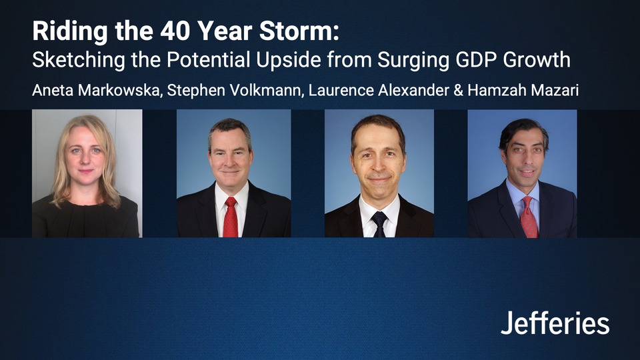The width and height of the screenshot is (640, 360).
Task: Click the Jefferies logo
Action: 555,323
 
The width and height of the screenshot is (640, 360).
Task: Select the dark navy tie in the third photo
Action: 379,223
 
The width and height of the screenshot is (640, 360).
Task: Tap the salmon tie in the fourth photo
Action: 527,217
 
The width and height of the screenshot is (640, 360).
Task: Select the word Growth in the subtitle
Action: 537,60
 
